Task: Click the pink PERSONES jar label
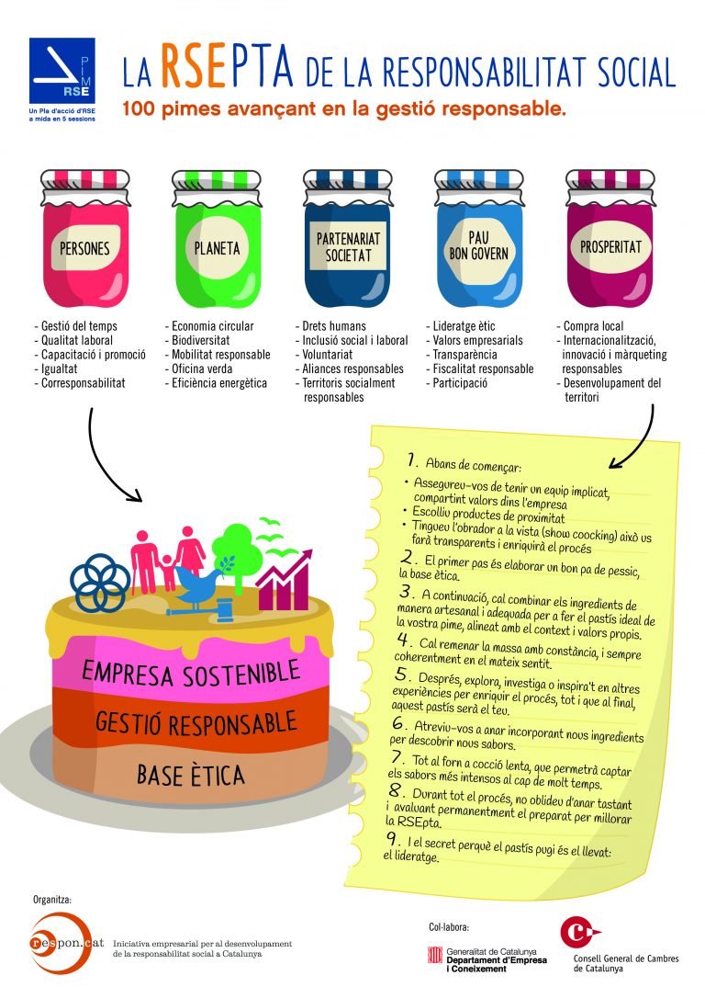pyautogui.click(x=84, y=248)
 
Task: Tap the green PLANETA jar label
pyautogui.click(x=218, y=248)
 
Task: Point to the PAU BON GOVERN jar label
pyautogui.click(x=478, y=246)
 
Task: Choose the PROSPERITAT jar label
pyautogui.click(x=610, y=247)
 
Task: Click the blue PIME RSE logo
pyautogui.click(x=62, y=72)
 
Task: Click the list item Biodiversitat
pyautogui.click(x=200, y=340)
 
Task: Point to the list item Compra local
pyautogui.click(x=594, y=326)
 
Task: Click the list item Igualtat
pyautogui.click(x=60, y=369)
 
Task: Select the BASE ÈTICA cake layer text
pyautogui.click(x=191, y=774)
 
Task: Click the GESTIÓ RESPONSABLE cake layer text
pyautogui.click(x=196, y=721)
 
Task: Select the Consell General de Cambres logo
pyautogui.click(x=578, y=933)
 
